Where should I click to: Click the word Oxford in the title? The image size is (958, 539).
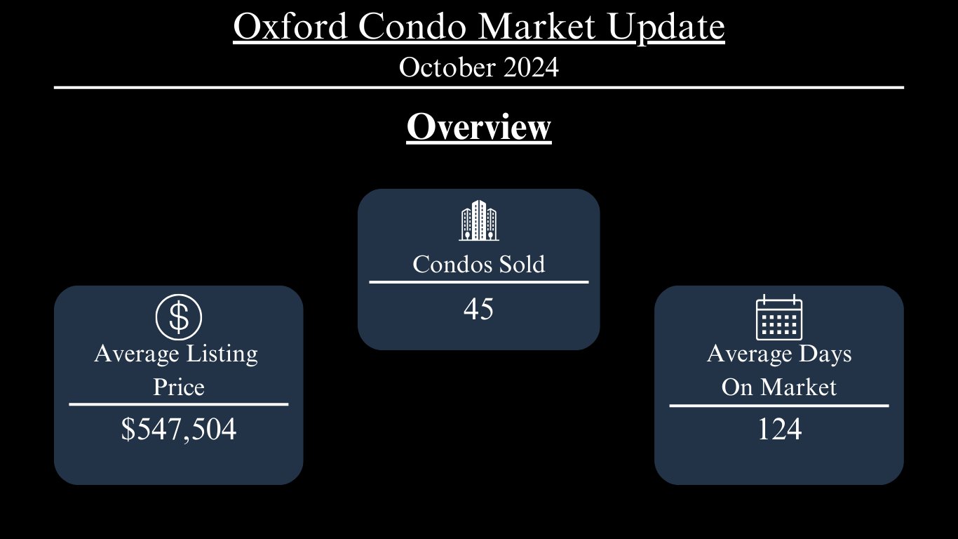pyautogui.click(x=290, y=27)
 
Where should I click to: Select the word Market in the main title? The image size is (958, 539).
pyautogui.click(x=537, y=27)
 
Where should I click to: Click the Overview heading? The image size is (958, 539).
pyautogui.click(x=478, y=127)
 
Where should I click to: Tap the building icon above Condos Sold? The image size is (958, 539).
pyautogui.click(x=478, y=220)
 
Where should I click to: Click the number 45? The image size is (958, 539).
pyautogui.click(x=478, y=309)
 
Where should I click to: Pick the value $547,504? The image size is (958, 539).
pyautogui.click(x=179, y=429)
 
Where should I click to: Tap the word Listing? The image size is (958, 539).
pyautogui.click(x=222, y=354)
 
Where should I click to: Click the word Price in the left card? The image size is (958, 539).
pyautogui.click(x=179, y=387)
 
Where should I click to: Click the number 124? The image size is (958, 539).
pyautogui.click(x=779, y=429)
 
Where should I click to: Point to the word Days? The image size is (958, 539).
pyautogui.click(x=825, y=354)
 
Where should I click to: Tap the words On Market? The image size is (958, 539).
pyautogui.click(x=778, y=387)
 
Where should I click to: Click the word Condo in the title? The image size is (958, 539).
pyautogui.click(x=412, y=27)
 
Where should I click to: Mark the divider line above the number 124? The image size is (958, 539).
pyautogui.click(x=779, y=406)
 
